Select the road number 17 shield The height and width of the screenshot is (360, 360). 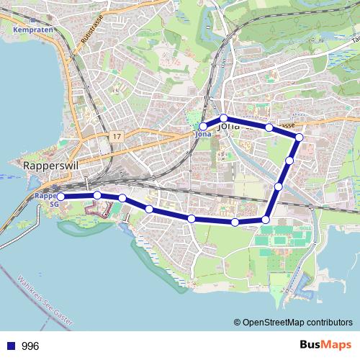pyautogui.click(x=117, y=135)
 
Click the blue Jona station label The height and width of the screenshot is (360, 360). pyautogui.click(x=201, y=134)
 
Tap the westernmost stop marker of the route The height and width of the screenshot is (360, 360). pyautogui.click(x=60, y=196)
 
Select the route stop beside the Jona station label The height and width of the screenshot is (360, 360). pyautogui.click(x=204, y=127)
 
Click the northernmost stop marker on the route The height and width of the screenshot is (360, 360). pyautogui.click(x=224, y=118)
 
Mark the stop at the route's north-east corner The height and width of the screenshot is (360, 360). pyautogui.click(x=300, y=137)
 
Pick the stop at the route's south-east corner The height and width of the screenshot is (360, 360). pyautogui.click(x=266, y=220)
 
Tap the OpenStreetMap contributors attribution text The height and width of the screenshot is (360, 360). pyautogui.click(x=297, y=323)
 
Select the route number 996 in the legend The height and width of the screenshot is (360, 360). pyautogui.click(x=30, y=346)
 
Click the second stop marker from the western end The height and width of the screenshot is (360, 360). pyautogui.click(x=97, y=195)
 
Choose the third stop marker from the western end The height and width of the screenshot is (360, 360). pyautogui.click(x=122, y=198)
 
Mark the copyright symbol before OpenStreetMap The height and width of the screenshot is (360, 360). pyautogui.click(x=238, y=323)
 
